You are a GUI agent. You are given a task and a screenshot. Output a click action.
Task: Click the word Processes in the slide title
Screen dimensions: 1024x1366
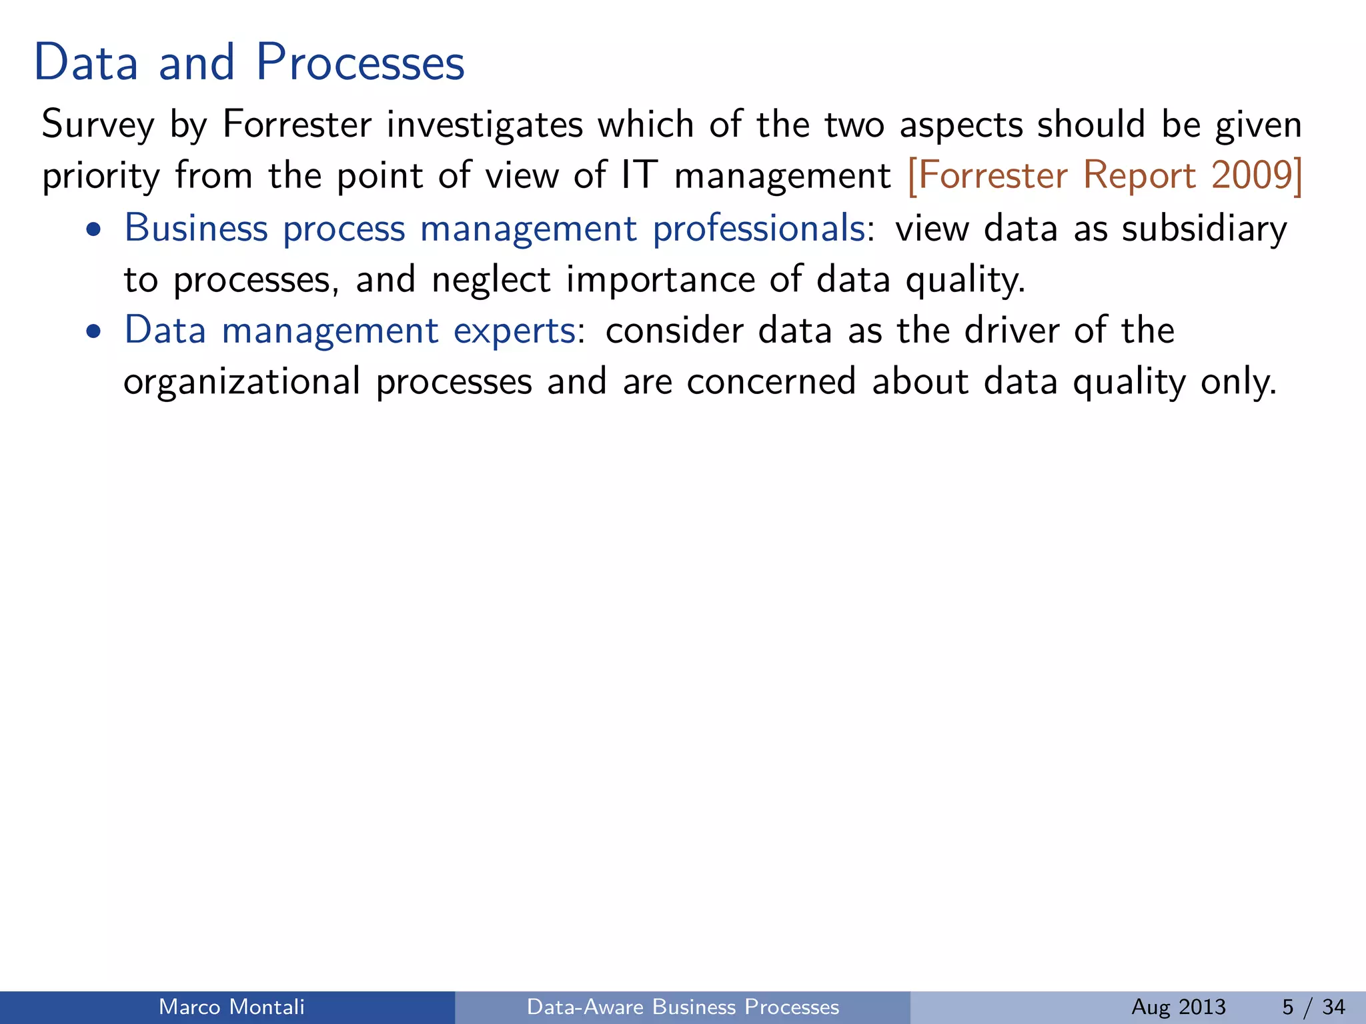pyautogui.click(x=360, y=63)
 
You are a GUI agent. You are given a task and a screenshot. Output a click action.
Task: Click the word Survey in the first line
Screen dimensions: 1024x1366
pyautogui.click(x=97, y=125)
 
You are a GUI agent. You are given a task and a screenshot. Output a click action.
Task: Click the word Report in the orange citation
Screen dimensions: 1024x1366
pyautogui.click(x=1139, y=175)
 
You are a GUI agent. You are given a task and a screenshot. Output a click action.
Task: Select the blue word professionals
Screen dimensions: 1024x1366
pyautogui.click(x=759, y=229)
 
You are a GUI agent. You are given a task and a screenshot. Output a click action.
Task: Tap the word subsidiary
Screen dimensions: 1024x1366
pyautogui.click(x=1204, y=229)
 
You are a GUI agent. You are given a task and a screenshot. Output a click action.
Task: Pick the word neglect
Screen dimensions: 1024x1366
pyautogui.click(x=491, y=279)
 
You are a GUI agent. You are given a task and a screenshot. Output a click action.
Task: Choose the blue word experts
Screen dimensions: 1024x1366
pyautogui.click(x=515, y=331)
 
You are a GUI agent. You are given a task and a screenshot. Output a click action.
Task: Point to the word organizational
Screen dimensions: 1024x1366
pyautogui.click(x=242, y=382)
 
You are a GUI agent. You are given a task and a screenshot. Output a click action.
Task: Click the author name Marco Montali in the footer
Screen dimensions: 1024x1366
pyautogui.click(x=231, y=1007)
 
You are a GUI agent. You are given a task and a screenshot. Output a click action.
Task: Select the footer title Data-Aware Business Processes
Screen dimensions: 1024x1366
pyautogui.click(x=682, y=1007)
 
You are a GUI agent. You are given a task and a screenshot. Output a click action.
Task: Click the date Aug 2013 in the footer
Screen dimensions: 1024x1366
pyautogui.click(x=1178, y=1007)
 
